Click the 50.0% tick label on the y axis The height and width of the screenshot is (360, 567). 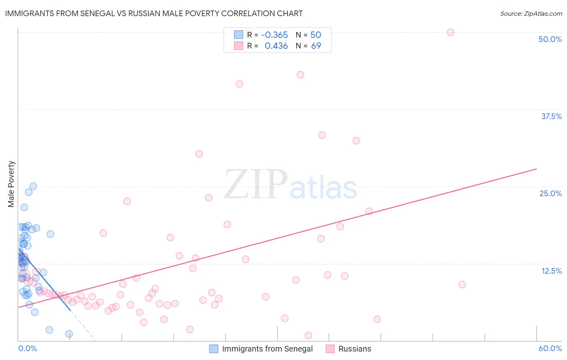(550, 39)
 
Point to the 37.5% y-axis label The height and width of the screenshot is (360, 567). (551, 116)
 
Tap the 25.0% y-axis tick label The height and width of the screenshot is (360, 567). (550, 193)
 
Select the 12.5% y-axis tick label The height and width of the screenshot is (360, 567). (551, 271)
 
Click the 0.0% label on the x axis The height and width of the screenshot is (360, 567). (27, 348)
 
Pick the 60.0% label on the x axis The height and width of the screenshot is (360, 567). (550, 348)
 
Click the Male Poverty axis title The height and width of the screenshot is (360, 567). (11, 184)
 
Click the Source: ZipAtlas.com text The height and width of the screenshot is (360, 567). (531, 13)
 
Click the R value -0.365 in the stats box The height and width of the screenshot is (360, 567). (274, 35)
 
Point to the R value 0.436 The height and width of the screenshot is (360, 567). (276, 46)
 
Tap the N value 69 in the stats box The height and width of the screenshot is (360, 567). (316, 46)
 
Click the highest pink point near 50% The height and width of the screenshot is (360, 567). (450, 32)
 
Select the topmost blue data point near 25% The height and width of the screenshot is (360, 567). (33, 186)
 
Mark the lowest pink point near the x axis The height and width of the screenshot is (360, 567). (309, 335)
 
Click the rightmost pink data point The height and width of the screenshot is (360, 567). (462, 285)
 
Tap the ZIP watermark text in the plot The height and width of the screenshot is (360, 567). (256, 184)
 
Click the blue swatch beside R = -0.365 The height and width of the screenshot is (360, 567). (239, 35)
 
